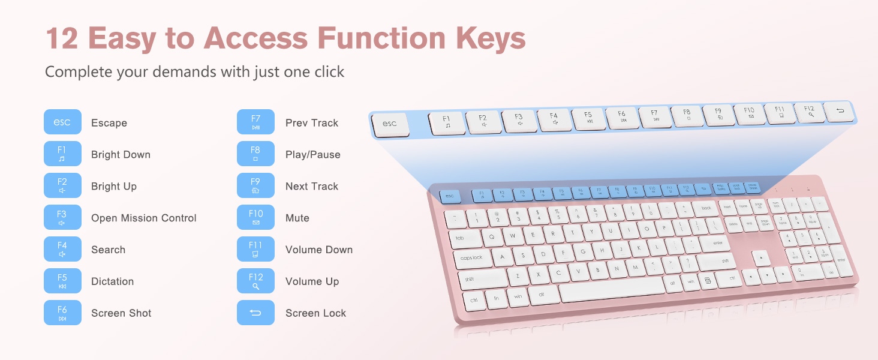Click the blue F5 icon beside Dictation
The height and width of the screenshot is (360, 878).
(62, 281)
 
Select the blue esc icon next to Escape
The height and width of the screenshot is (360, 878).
(62, 122)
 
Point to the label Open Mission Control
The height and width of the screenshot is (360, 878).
(144, 218)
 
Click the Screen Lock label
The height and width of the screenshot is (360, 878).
(315, 313)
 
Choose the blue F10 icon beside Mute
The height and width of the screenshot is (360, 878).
(255, 217)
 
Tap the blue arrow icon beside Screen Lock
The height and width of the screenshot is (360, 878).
(255, 313)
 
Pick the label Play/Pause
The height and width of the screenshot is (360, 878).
(312, 154)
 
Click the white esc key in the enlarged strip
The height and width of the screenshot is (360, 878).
(390, 124)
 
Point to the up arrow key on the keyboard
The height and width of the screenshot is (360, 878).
(761, 258)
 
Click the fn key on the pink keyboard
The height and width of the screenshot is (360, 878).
(496, 298)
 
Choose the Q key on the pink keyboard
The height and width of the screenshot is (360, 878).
(492, 236)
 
